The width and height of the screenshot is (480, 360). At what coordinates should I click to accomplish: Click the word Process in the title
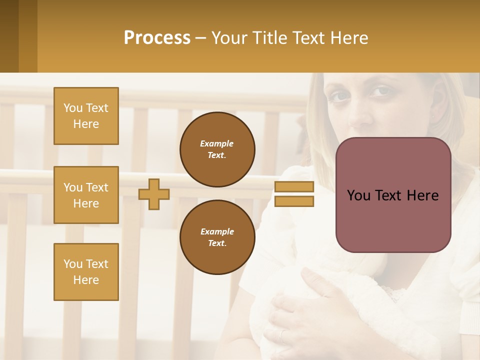click(157, 38)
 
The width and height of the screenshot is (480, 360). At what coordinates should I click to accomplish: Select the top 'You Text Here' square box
click(86, 116)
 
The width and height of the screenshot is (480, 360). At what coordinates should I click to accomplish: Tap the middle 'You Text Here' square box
click(86, 195)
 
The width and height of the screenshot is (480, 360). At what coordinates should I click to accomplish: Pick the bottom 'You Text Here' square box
click(86, 272)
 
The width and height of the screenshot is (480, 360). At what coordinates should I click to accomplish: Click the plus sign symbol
click(154, 194)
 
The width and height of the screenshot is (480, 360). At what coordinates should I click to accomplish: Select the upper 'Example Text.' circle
click(217, 149)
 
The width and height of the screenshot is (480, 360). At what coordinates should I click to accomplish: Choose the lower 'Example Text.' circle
click(217, 237)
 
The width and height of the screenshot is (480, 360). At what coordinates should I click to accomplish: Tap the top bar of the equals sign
click(294, 187)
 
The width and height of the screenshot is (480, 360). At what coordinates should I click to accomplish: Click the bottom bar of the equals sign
click(294, 201)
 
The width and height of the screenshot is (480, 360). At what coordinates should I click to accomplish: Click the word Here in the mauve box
click(423, 195)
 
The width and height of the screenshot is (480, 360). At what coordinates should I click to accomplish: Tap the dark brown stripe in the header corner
click(9, 36)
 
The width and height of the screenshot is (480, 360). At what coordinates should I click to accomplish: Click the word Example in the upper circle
click(217, 143)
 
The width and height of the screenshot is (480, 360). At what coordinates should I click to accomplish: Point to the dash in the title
click(201, 38)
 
